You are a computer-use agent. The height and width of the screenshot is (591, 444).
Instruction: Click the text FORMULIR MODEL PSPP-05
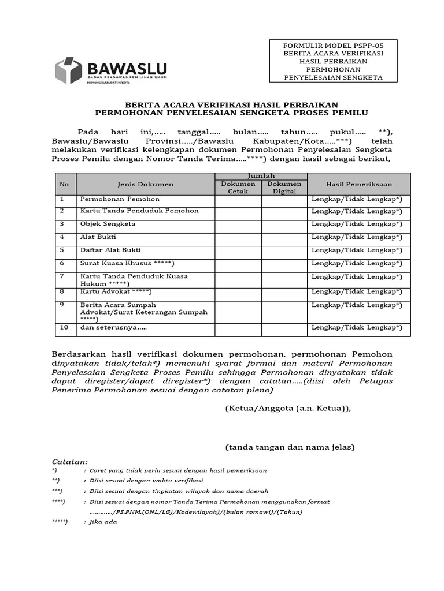pos(332,45)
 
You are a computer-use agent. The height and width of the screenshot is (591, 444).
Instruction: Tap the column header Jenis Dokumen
pos(145,184)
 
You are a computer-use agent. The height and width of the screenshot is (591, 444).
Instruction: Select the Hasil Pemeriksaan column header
pos(358,184)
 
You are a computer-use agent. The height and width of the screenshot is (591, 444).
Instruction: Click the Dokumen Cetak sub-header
pos(238,188)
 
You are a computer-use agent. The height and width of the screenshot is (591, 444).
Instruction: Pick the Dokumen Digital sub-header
pos(284,188)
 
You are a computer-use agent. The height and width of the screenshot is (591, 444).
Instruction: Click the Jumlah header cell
pos(261,175)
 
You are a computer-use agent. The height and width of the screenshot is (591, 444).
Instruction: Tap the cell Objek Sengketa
pos(108,223)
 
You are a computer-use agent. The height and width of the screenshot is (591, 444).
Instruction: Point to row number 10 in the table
pos(64,327)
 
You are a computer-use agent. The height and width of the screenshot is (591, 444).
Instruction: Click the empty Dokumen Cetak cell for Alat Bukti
pos(238,237)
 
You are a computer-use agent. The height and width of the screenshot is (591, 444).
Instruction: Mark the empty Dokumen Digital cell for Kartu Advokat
pos(284,292)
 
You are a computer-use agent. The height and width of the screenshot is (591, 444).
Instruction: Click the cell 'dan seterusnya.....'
pos(113,327)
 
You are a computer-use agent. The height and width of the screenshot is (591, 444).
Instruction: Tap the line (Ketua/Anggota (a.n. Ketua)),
pos(287,408)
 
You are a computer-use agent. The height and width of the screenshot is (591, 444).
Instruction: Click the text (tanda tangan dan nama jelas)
pos(290,447)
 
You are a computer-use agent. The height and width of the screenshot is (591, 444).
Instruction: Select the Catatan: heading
pos(70,462)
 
